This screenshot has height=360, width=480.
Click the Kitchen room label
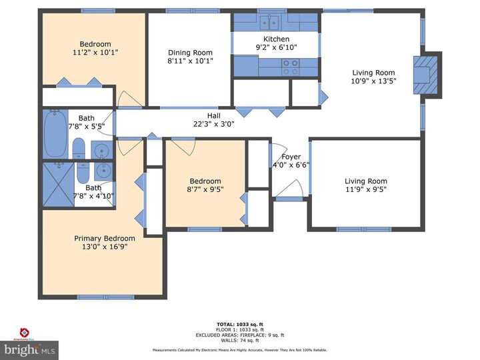[277, 39]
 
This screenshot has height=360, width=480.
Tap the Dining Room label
[190, 53]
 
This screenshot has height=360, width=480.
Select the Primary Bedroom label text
[105, 238]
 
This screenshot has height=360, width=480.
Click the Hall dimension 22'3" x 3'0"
[213, 123]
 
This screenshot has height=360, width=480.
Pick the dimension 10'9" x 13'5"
[373, 81]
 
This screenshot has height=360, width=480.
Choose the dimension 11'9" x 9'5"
[365, 189]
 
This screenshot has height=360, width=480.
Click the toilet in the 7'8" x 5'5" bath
[78, 147]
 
